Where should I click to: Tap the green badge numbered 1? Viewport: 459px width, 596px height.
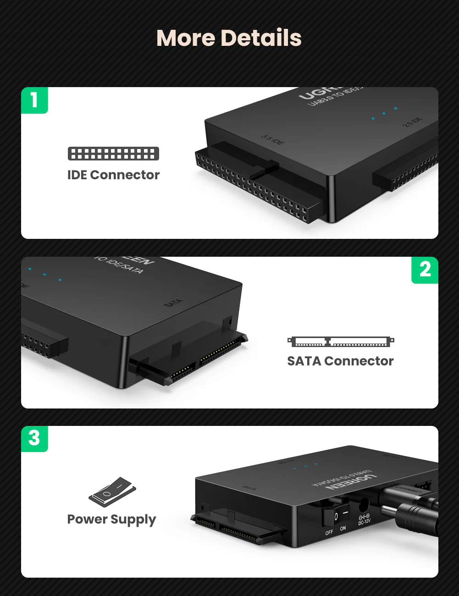(x=34, y=100)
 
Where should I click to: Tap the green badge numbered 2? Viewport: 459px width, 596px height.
(x=425, y=270)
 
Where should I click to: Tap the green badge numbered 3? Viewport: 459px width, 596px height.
(x=34, y=438)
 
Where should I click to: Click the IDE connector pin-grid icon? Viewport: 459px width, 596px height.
(x=113, y=154)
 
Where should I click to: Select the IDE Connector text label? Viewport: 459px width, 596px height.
(x=113, y=175)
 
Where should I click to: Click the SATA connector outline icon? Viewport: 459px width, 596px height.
(x=340, y=342)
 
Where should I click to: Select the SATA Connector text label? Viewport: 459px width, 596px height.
(x=340, y=361)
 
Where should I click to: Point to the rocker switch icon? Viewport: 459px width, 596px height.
(x=112, y=492)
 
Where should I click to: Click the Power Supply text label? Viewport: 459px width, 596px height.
(x=111, y=519)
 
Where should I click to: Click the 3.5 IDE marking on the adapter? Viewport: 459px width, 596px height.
(x=273, y=140)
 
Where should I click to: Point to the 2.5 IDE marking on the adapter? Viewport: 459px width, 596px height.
(x=413, y=122)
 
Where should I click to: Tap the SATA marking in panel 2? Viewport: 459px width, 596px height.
(x=173, y=303)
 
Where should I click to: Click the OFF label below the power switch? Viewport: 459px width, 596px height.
(x=329, y=532)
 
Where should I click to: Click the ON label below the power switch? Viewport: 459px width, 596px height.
(x=343, y=529)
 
